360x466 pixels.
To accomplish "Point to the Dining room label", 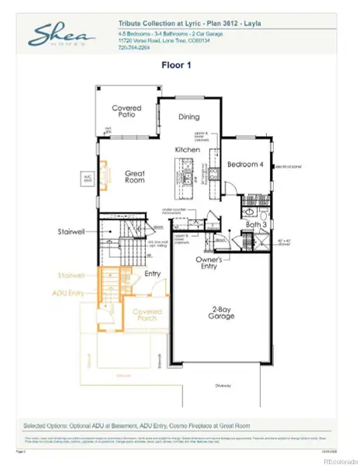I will coord(189,117).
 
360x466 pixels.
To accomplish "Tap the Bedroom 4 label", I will coord(244,164).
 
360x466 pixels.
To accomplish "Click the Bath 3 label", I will coord(256,224).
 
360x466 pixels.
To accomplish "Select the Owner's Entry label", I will coord(209,263).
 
